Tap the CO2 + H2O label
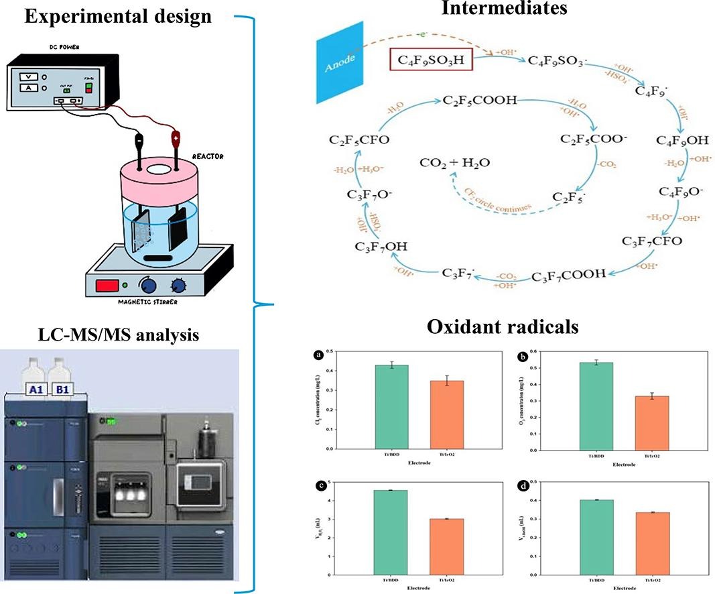point(453,163)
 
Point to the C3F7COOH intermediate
point(568,275)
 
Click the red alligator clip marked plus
point(176,139)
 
